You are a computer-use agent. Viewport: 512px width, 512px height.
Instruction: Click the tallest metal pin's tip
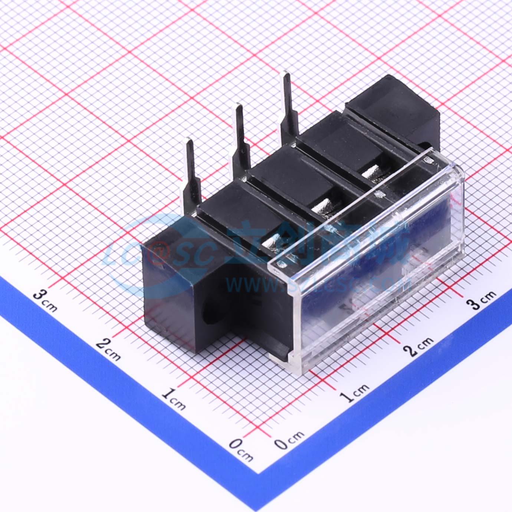click(286, 76)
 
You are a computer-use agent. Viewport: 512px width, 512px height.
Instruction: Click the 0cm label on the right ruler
click(289, 440)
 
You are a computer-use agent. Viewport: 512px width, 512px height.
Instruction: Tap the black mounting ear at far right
click(397, 108)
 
